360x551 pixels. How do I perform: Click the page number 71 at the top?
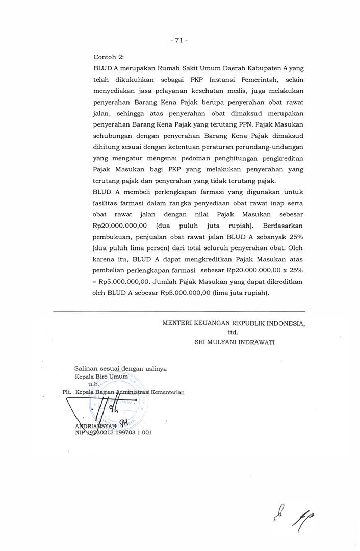click(x=179, y=41)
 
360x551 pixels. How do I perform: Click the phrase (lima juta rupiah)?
click(x=240, y=293)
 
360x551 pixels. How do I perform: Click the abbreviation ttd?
click(x=233, y=332)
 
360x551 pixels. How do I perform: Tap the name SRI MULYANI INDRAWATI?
click(x=235, y=342)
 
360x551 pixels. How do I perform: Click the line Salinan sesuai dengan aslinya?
click(x=120, y=368)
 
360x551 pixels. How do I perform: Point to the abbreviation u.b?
click(x=94, y=384)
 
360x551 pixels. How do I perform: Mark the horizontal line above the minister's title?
click(x=179, y=311)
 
